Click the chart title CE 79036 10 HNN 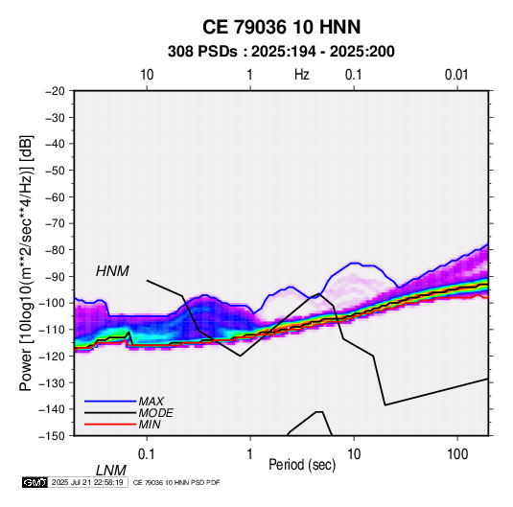click(x=281, y=27)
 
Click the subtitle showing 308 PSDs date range click(x=281, y=52)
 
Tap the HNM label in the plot click(x=112, y=271)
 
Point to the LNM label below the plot click(x=111, y=471)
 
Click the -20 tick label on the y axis click(x=55, y=91)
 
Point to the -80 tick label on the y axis click(x=55, y=250)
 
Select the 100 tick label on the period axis click(x=457, y=454)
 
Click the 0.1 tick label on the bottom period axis click(x=147, y=454)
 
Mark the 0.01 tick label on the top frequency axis click(x=456, y=75)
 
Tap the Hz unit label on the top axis click(x=302, y=75)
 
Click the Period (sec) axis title click(x=302, y=465)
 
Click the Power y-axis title click(x=26, y=263)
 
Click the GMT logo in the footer click(x=35, y=482)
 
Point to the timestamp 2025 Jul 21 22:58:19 click(x=87, y=482)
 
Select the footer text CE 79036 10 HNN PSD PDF click(x=176, y=482)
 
